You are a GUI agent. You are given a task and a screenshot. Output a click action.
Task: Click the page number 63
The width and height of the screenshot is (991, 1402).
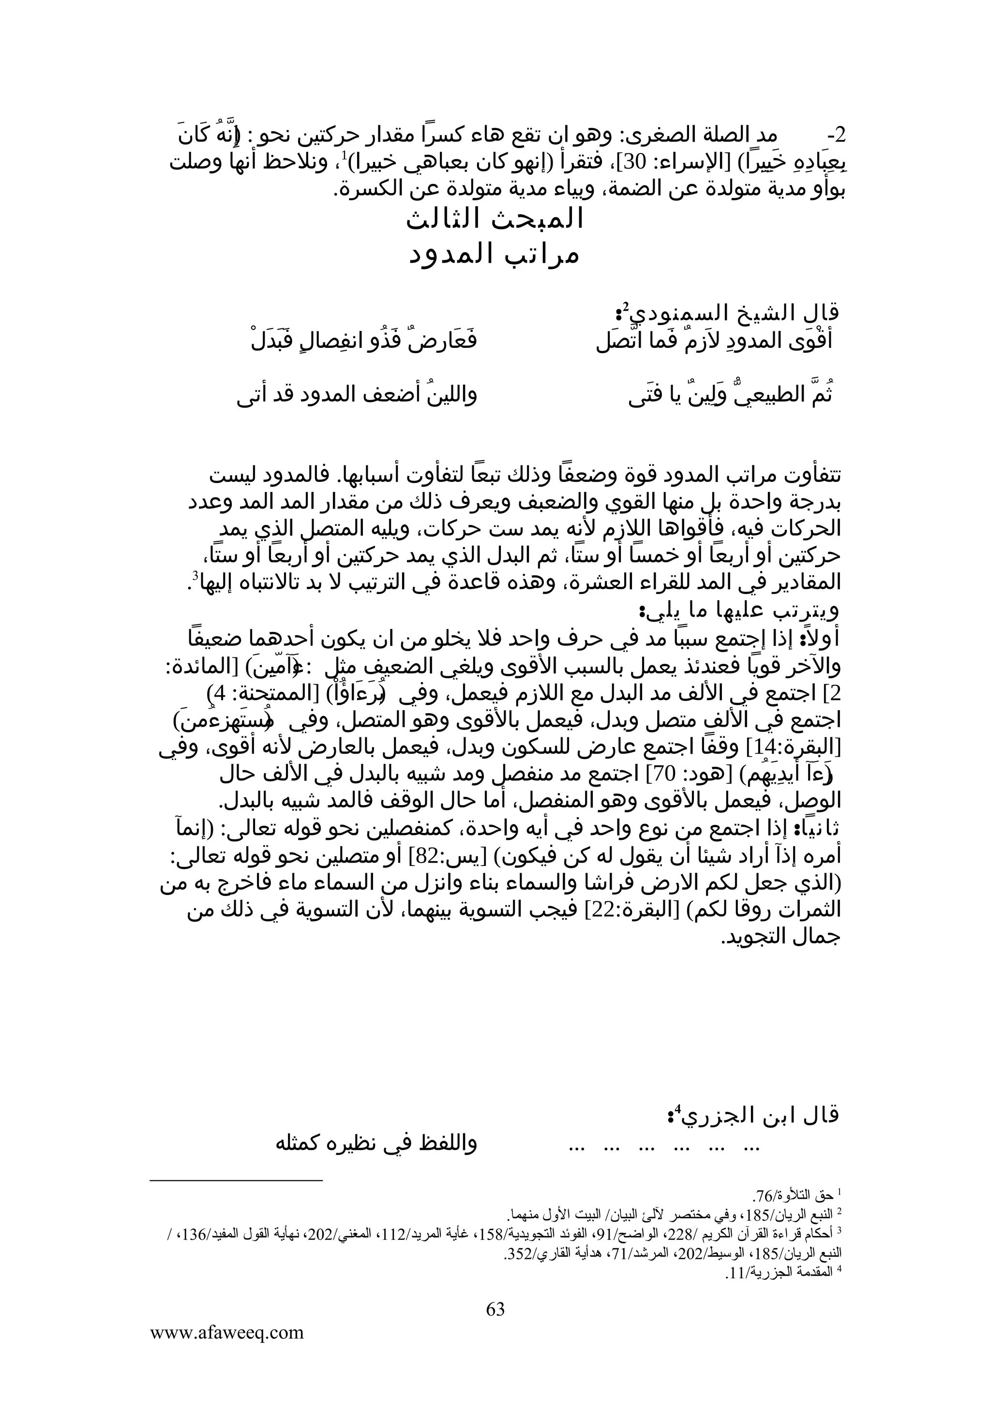[x=495, y=1309]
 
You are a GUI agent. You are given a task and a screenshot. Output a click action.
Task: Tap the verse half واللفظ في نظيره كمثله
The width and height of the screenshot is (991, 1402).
[x=377, y=1144]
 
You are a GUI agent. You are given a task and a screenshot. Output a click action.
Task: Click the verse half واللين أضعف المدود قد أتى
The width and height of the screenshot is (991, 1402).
[x=357, y=395]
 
